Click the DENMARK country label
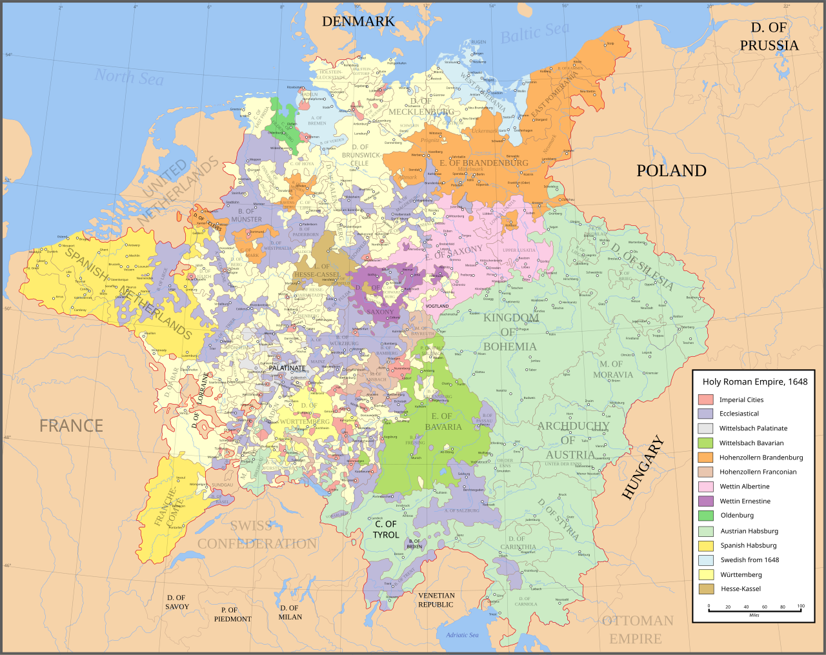(358, 21)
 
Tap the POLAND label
(671, 170)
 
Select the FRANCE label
(71, 426)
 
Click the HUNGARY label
(643, 468)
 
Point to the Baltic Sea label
(535, 33)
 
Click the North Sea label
(129, 77)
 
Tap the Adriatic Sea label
(462, 635)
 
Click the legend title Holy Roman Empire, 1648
(754, 382)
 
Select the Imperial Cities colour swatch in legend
(705, 400)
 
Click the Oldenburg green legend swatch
(705, 516)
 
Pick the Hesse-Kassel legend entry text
(740, 589)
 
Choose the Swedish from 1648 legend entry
(749, 560)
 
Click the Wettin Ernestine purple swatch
(705, 501)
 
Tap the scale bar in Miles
(754, 609)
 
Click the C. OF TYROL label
(386, 529)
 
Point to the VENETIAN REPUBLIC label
(436, 600)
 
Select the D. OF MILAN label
(290, 612)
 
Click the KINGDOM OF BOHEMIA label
(510, 332)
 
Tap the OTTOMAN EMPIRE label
(637, 630)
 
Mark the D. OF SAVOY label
(176, 602)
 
